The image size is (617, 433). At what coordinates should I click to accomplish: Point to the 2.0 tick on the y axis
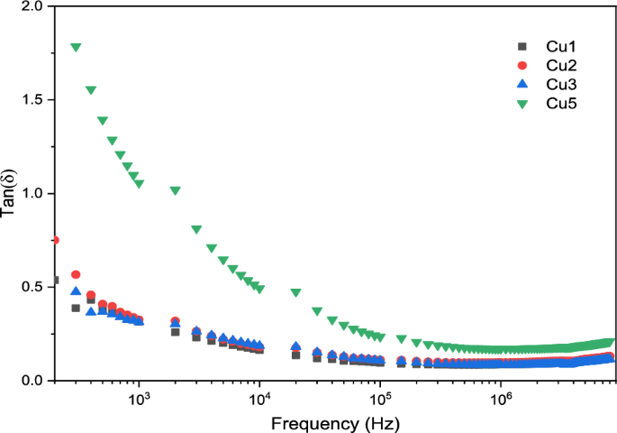[33, 6]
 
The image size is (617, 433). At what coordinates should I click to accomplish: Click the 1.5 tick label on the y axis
[33, 100]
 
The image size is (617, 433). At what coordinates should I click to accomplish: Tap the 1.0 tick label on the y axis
[33, 194]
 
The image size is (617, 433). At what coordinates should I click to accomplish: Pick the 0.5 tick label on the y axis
[33, 288]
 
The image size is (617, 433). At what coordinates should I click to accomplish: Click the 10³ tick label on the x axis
[139, 398]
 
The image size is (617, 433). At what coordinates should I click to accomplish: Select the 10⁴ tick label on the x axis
[259, 398]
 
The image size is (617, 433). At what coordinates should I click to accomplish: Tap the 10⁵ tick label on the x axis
[380, 398]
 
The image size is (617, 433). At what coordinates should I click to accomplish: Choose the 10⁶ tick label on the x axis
[501, 398]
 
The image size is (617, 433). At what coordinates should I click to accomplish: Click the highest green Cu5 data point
[77, 47]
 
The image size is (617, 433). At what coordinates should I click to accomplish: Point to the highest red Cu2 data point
[56, 240]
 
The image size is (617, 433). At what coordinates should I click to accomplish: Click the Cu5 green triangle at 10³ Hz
[139, 184]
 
